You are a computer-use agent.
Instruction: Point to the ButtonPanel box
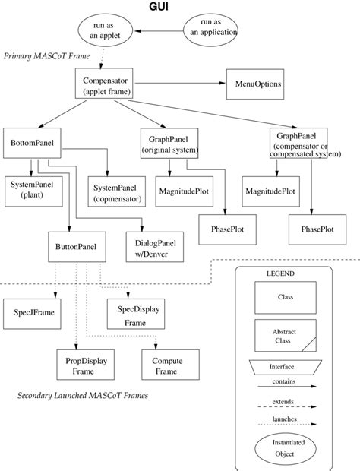tap(76, 247)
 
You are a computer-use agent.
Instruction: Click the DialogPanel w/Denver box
tap(154, 247)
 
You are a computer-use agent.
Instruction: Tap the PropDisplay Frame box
tap(84, 365)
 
